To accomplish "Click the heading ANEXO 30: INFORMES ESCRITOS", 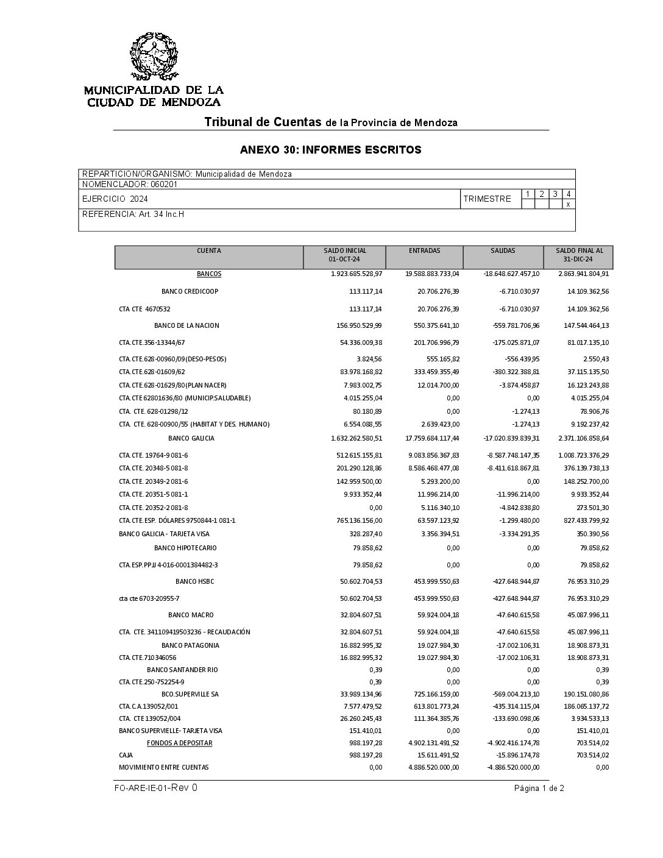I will [x=330, y=150].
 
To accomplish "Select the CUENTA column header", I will [x=209, y=251].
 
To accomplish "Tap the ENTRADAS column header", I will [x=424, y=251].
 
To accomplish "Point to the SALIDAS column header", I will [x=503, y=251].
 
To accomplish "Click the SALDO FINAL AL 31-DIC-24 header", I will [x=579, y=255].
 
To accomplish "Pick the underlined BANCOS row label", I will [x=209, y=274].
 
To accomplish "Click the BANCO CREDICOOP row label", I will [x=190, y=291].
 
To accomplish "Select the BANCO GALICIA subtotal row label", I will [x=191, y=438].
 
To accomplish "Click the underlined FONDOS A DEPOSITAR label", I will [x=179, y=743].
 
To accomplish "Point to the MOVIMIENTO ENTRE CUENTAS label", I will [x=163, y=767].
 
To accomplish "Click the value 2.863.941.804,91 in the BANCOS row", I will [x=583, y=274].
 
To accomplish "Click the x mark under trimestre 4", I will [x=568, y=204].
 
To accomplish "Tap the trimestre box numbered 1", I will [x=528, y=194].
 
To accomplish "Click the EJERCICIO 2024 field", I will [x=115, y=199].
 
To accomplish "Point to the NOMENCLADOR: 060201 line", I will [x=130, y=184].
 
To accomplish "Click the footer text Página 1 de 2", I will [x=539, y=789].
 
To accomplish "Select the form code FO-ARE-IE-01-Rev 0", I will [x=155, y=788].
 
